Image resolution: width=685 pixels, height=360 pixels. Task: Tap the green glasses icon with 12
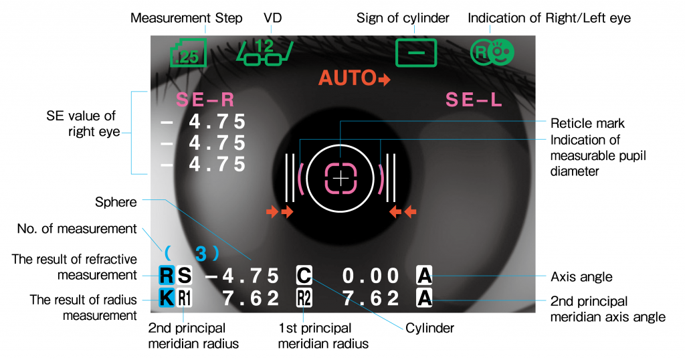[265, 53]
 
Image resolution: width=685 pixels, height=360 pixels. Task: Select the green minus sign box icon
[415, 53]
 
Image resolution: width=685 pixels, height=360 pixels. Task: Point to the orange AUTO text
[349, 78]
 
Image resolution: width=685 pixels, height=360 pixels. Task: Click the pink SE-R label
[205, 100]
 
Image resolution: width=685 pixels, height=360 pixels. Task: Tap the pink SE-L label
[474, 100]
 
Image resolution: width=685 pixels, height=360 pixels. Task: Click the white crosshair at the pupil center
[341, 179]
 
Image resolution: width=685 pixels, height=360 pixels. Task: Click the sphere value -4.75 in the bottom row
[241, 276]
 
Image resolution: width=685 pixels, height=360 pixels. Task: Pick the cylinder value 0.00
[371, 276]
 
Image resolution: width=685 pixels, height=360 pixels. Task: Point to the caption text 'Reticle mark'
[587, 123]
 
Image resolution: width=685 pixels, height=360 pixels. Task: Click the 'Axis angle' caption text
[580, 276]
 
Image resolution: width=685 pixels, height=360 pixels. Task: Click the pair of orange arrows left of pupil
[280, 212]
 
